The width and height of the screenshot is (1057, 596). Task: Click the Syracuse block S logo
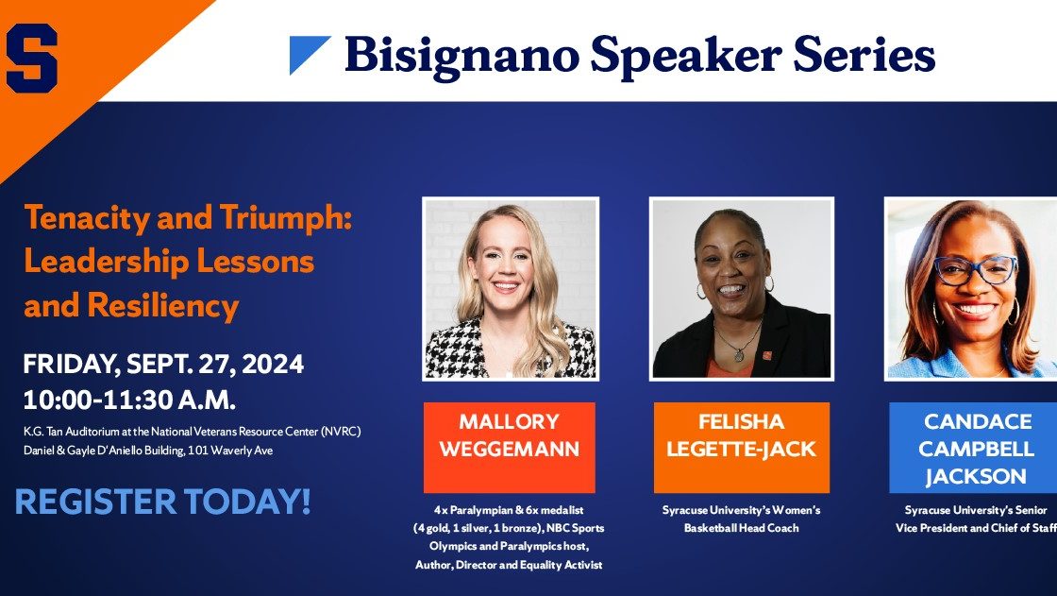pyautogui.click(x=32, y=58)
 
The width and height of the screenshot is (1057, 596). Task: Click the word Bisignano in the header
pyautogui.click(x=461, y=56)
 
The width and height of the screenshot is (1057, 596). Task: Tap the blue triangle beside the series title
pyautogui.click(x=309, y=54)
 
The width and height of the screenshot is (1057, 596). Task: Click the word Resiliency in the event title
pyautogui.click(x=163, y=306)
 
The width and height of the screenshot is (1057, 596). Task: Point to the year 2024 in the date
pyautogui.click(x=273, y=364)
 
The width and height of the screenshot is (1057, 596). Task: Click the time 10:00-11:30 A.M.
pyautogui.click(x=129, y=400)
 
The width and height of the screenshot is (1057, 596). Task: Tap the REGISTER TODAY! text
pyautogui.click(x=162, y=502)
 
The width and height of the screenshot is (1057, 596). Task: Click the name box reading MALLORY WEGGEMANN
pyautogui.click(x=509, y=448)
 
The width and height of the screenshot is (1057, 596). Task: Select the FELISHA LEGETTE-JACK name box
pyautogui.click(x=742, y=448)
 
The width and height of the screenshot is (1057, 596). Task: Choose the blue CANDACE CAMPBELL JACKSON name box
pyautogui.click(x=973, y=448)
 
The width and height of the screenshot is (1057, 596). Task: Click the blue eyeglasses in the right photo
pyautogui.click(x=976, y=270)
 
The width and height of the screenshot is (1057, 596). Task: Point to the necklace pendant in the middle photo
pyautogui.click(x=739, y=353)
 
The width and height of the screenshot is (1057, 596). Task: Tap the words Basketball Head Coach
pyautogui.click(x=742, y=528)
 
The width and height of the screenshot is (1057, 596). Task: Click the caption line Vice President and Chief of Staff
pyautogui.click(x=976, y=528)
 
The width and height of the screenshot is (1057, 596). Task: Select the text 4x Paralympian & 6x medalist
pyautogui.click(x=509, y=510)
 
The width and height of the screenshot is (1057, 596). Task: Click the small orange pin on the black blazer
pyautogui.click(x=767, y=355)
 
